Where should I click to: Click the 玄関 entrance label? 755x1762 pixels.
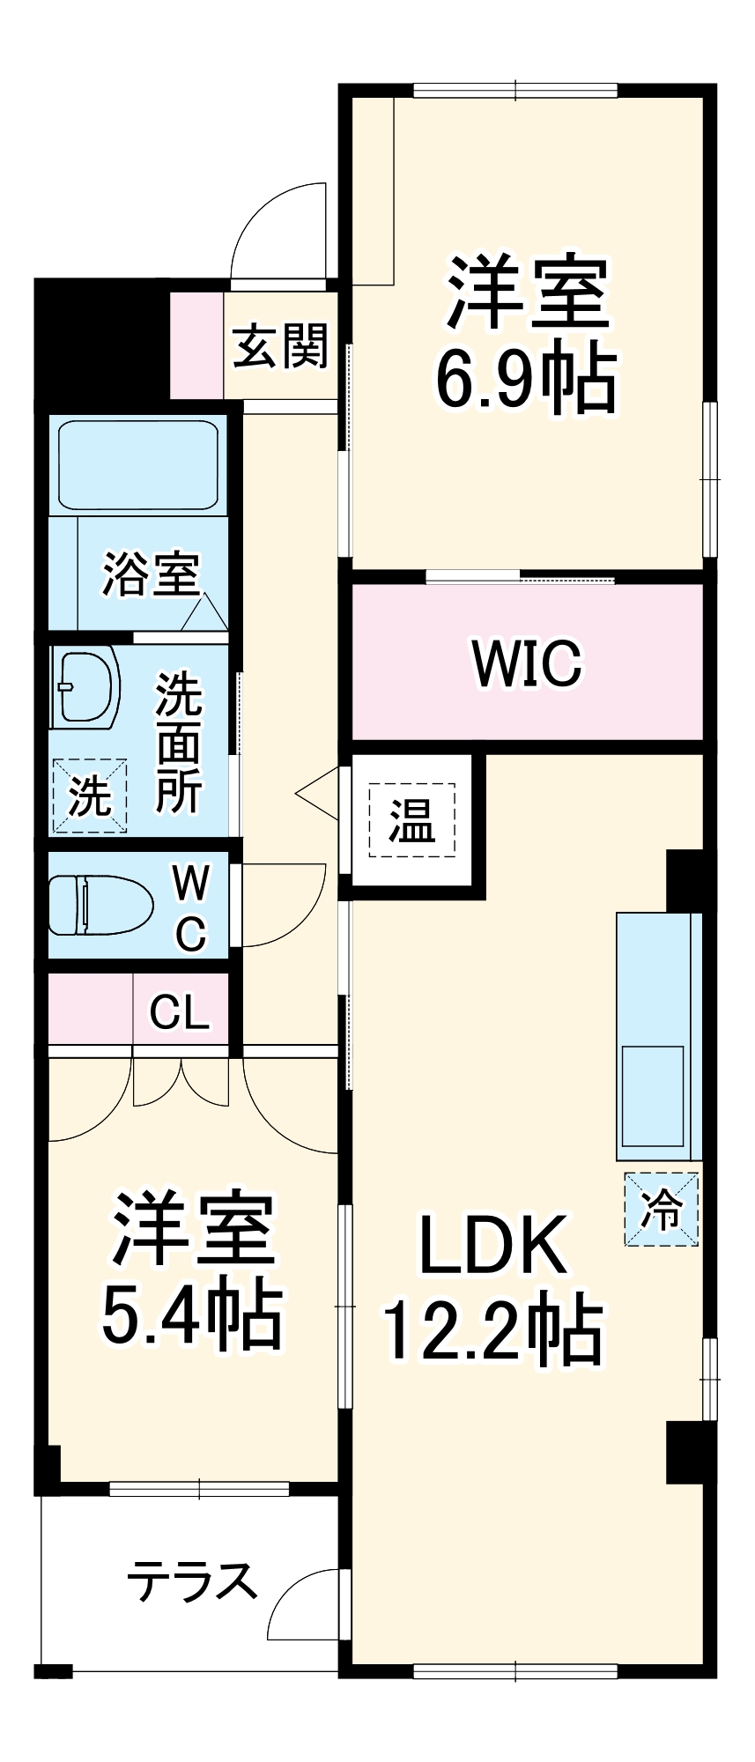click(x=280, y=345)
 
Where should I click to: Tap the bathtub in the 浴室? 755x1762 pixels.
click(x=138, y=465)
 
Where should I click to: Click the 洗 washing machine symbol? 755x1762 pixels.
click(x=89, y=796)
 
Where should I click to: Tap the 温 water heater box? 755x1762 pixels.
click(x=412, y=819)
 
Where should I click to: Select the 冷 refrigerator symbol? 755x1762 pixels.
click(x=661, y=1209)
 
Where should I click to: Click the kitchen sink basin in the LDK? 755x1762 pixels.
click(x=653, y=1095)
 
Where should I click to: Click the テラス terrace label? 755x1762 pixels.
click(x=192, y=1581)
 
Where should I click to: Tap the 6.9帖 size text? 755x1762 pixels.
click(x=526, y=380)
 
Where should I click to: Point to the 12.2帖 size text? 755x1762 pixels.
click(x=493, y=1330)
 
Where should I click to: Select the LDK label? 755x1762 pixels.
click(x=493, y=1245)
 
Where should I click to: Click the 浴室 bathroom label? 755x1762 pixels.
click(x=152, y=574)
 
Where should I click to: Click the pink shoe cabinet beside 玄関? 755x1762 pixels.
click(x=196, y=344)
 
